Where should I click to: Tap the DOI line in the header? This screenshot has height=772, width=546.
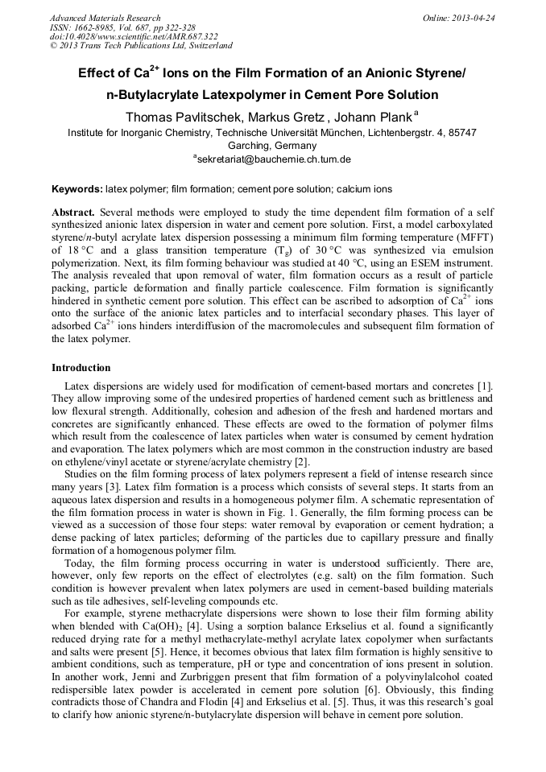pyautogui.click(x=134, y=36)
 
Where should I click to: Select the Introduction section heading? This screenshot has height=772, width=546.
pyautogui.click(x=81, y=368)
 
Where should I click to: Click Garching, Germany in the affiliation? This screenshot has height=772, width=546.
pyautogui.click(x=272, y=146)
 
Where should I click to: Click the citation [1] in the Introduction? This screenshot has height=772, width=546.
pyautogui.click(x=485, y=387)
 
